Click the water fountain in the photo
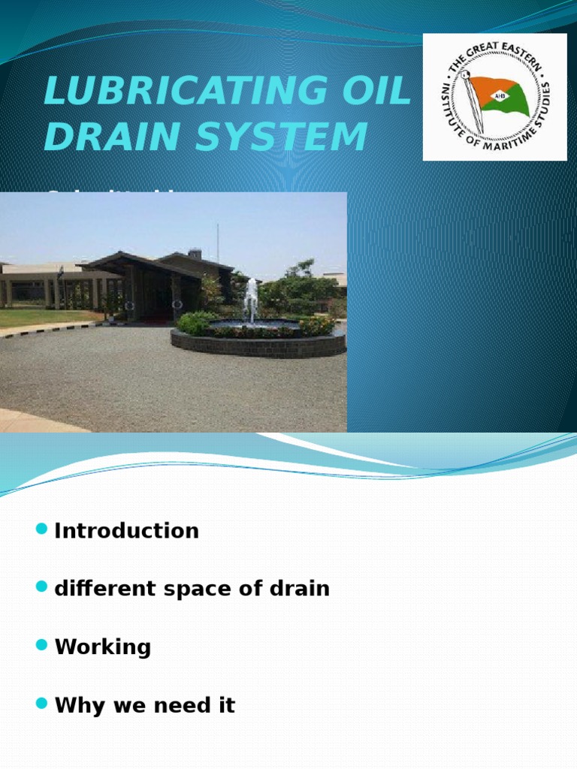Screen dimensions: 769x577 point(250,300)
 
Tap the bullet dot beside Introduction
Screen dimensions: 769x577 point(41,530)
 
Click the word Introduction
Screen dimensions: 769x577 point(126,531)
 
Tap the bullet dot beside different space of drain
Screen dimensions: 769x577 point(41,588)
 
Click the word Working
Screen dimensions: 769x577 point(103,647)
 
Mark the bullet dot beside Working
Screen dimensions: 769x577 point(41,646)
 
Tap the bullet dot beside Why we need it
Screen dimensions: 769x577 point(41,704)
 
